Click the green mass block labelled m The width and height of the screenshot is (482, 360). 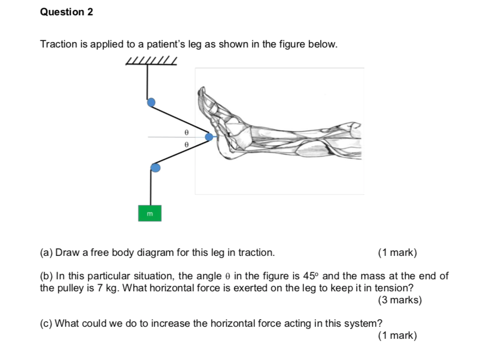(x=150, y=214)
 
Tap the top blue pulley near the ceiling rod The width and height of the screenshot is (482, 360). (x=151, y=102)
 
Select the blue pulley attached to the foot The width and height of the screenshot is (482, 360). (x=209, y=137)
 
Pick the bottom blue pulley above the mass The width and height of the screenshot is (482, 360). (x=155, y=167)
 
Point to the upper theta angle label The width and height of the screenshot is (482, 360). (x=186, y=132)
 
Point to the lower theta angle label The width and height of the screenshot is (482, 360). (x=186, y=145)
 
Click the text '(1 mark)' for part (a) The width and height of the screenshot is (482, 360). (x=397, y=253)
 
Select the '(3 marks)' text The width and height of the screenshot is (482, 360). (x=399, y=300)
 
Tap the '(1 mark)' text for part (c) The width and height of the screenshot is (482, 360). (x=397, y=335)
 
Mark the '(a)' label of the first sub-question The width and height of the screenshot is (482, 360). (x=46, y=253)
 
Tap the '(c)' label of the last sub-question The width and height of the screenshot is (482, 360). (x=46, y=323)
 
